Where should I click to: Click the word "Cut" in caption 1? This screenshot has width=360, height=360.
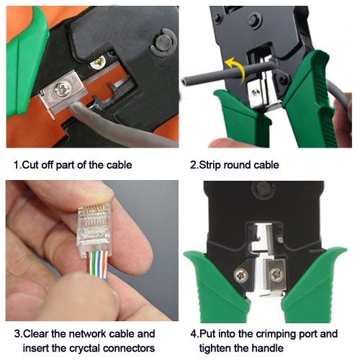coord(31,165)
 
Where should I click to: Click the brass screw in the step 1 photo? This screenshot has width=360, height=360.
coord(99,62)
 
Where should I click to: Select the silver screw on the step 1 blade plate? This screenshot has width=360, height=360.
coord(60,89)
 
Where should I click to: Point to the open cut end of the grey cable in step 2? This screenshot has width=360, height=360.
coord(184,81)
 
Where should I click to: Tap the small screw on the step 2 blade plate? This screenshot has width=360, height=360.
coord(256,91)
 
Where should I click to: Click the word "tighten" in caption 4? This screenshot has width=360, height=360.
coord(216,348)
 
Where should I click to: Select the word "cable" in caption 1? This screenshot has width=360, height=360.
coord(119,165)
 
